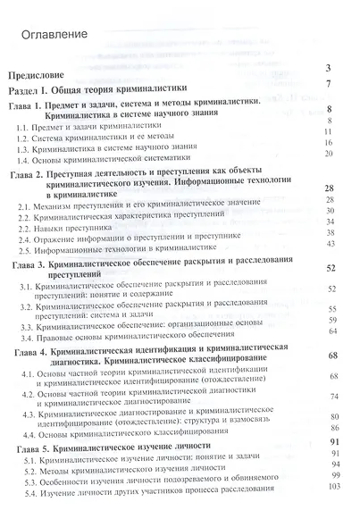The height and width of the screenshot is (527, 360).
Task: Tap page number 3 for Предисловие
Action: pyautogui.click(x=330, y=68)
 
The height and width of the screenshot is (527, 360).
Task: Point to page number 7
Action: pyautogui.click(x=330, y=84)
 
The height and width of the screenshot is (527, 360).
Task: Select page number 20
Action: pyautogui.click(x=328, y=154)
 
